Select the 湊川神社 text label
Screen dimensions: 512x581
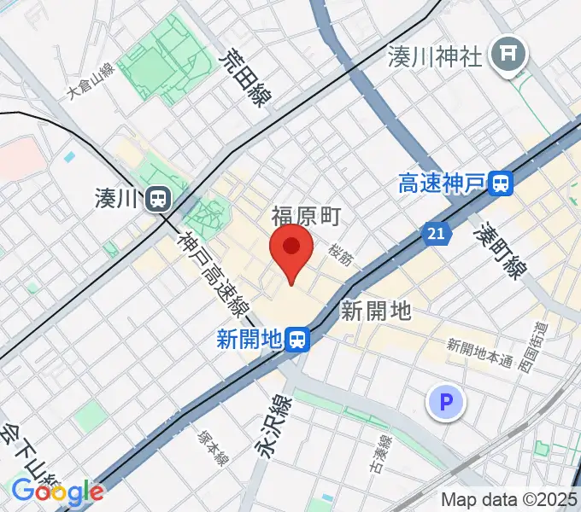435,56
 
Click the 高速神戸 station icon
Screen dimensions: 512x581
502,182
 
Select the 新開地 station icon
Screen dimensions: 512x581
297,340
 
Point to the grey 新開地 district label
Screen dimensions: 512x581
376,311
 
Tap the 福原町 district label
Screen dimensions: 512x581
307,215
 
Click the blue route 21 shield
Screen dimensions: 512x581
437,231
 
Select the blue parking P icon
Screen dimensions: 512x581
446,401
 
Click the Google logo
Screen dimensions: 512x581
57,491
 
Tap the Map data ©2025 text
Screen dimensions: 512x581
509,499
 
